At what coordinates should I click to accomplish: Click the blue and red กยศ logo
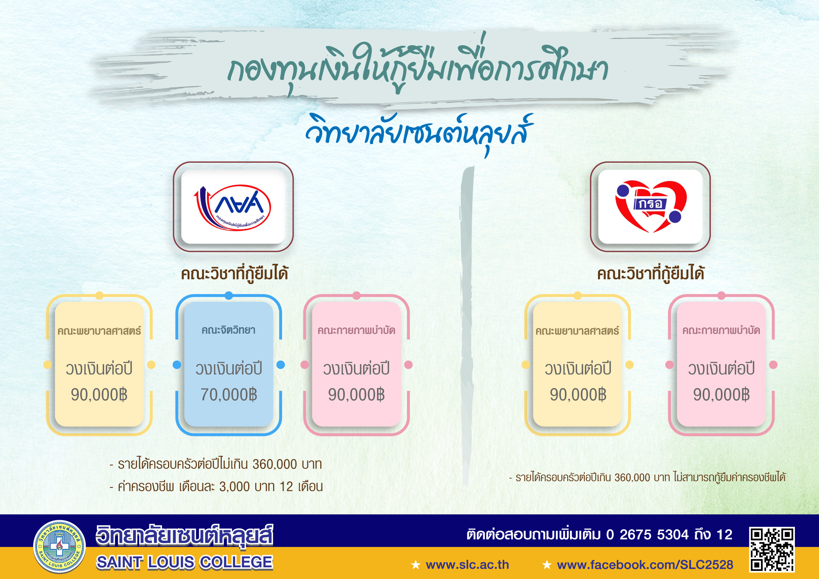click(233, 207)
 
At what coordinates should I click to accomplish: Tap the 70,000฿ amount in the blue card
click(229, 395)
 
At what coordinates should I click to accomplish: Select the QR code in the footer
click(772, 549)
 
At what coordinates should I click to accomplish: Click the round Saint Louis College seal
click(59, 547)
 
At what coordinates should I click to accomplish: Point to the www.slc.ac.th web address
click(467, 565)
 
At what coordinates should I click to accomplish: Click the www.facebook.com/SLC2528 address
click(645, 565)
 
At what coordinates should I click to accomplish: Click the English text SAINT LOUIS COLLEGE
click(184, 562)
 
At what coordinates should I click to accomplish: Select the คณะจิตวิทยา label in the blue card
click(228, 330)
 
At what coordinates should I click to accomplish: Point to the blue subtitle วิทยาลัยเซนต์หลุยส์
click(419, 132)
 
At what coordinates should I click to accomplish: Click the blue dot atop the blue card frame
click(229, 296)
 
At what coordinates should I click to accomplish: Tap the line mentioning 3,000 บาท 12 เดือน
click(216, 486)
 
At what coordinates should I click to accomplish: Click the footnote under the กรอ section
click(647, 477)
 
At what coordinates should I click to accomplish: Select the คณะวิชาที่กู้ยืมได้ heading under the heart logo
click(651, 274)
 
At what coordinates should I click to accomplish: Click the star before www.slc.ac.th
click(416, 565)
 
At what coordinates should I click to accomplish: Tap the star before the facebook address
click(547, 565)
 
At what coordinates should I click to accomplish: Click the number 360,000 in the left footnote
click(275, 464)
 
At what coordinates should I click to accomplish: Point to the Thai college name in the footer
click(184, 536)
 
